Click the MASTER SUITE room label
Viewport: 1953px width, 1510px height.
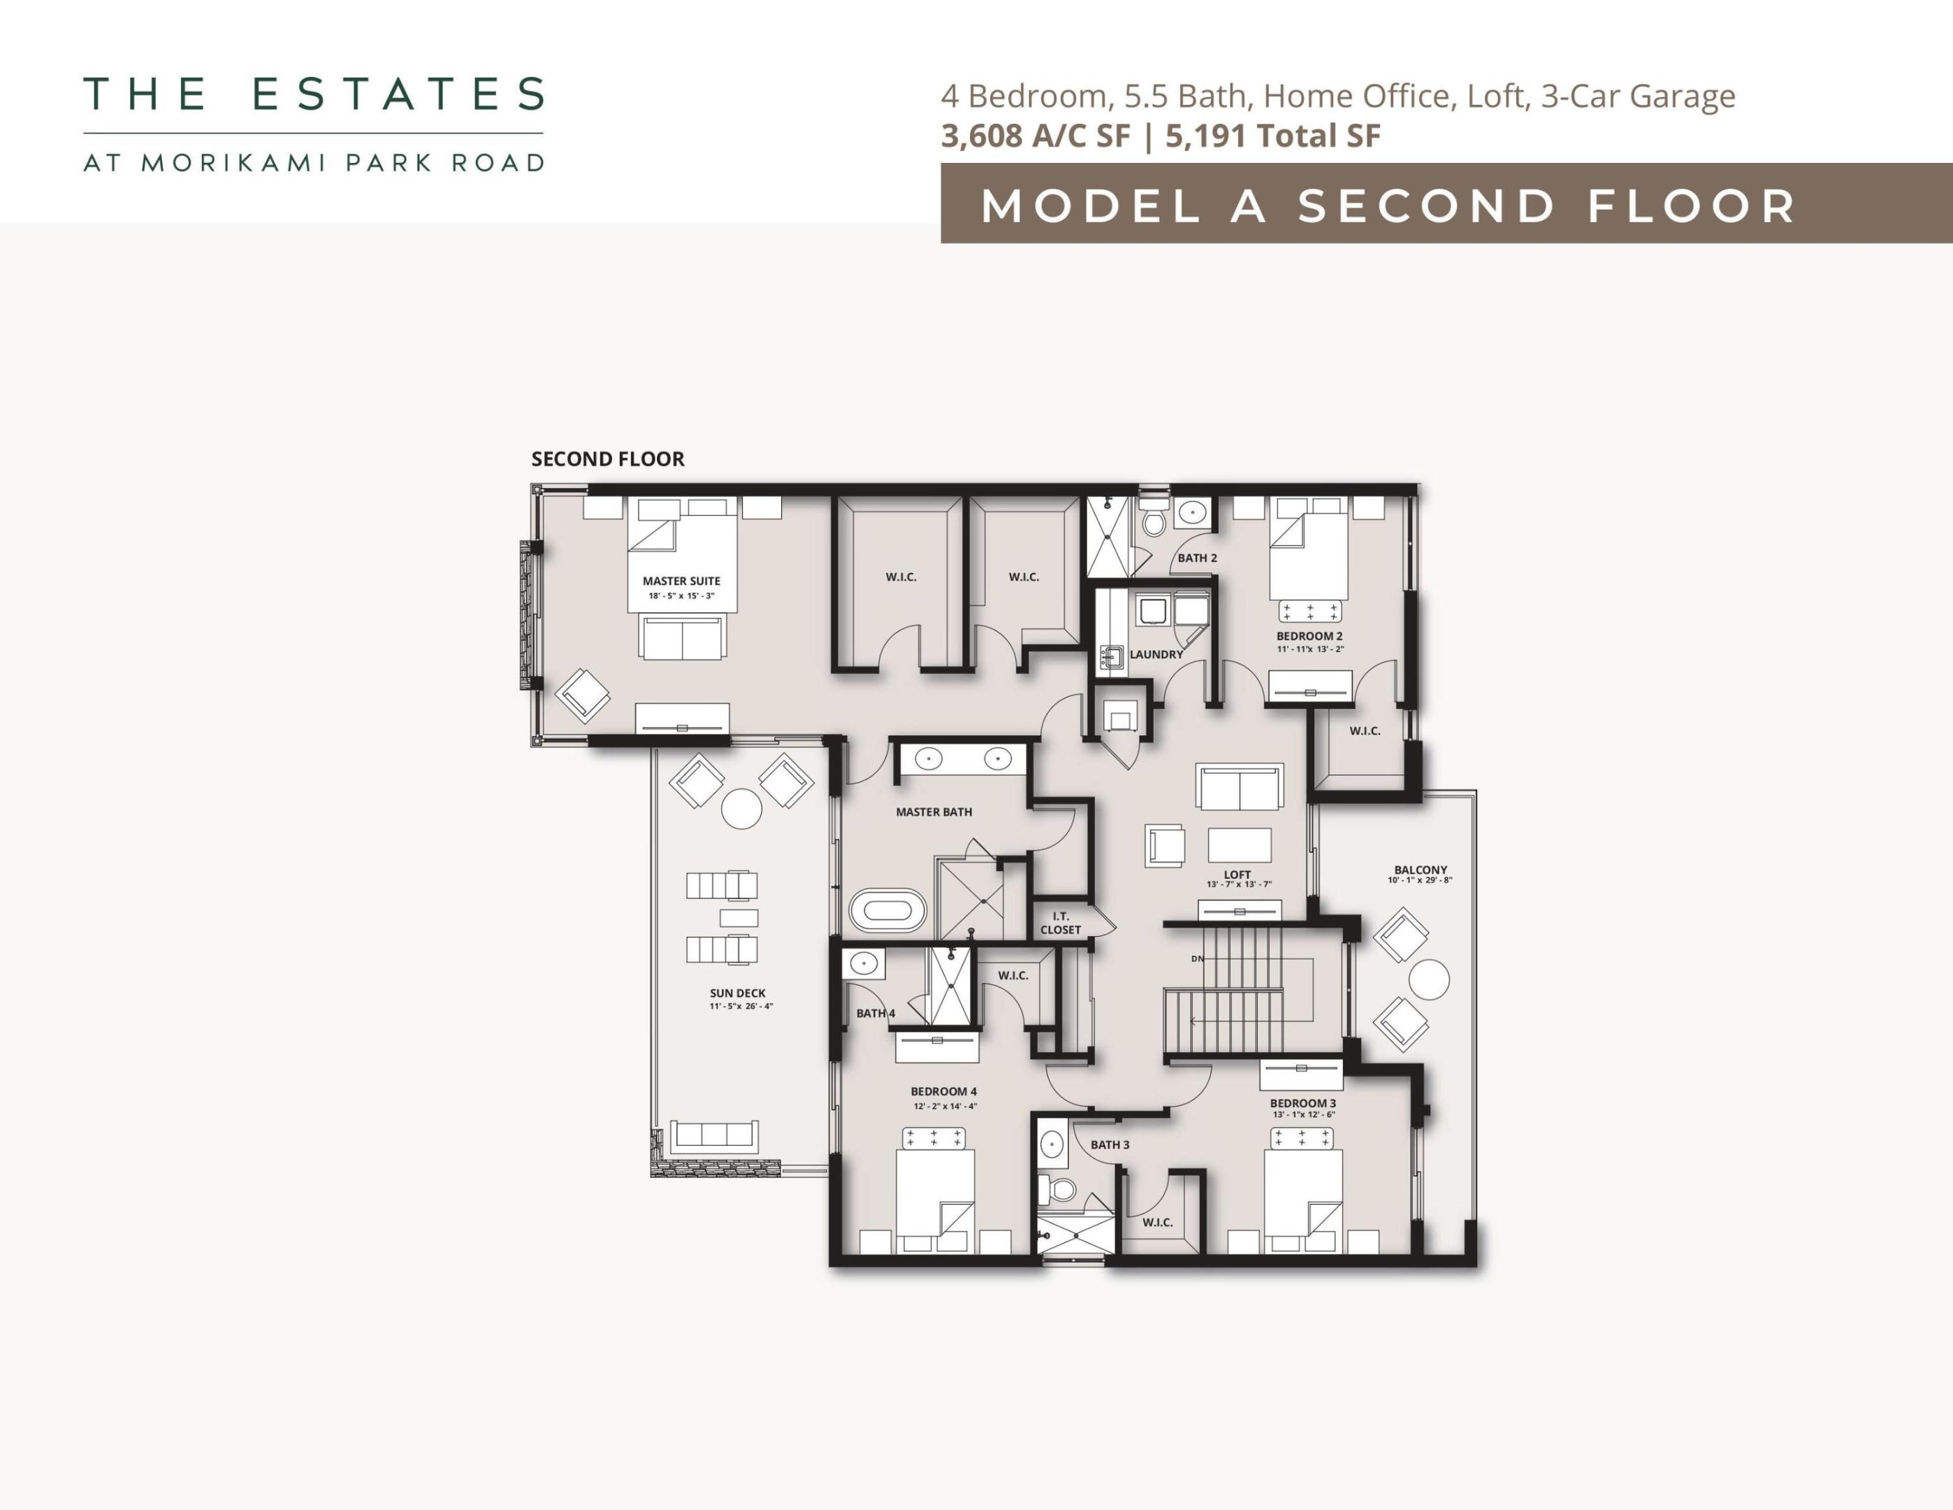681,580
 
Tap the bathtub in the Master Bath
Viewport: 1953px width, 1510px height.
887,911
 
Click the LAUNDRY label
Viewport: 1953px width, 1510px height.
1156,654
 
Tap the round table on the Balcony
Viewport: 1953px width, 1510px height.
1429,979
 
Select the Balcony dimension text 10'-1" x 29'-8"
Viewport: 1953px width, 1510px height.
1420,880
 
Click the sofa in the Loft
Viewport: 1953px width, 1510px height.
1240,788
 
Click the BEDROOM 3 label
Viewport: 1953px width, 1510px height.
1303,1103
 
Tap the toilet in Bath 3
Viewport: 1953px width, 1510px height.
1062,1190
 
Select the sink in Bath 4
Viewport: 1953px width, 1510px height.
863,964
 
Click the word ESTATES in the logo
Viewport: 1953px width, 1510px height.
399,94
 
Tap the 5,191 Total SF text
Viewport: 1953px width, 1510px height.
1272,136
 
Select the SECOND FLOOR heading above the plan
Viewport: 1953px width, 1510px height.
607,459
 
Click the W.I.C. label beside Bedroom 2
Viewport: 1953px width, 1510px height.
1365,731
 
